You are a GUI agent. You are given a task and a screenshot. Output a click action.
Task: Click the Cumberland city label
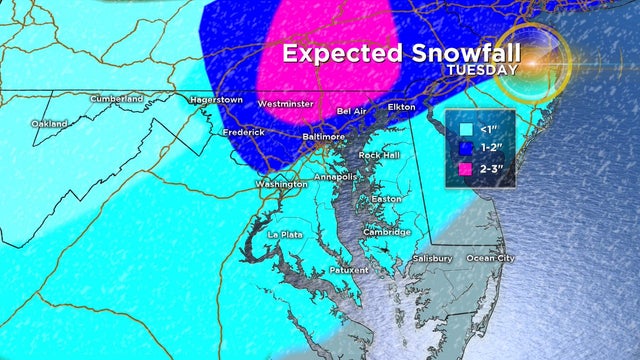point(117,98)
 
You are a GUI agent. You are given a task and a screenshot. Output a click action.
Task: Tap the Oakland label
point(49,124)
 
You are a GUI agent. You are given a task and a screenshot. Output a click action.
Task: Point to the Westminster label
point(286,104)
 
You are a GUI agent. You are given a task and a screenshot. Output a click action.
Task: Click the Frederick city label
point(244,132)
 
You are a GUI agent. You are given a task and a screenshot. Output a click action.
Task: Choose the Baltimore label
point(323,136)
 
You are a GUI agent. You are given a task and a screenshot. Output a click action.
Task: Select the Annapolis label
point(334,177)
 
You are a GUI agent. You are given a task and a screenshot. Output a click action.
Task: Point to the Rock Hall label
point(379,156)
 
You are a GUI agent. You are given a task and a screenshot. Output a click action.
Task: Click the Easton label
point(386,199)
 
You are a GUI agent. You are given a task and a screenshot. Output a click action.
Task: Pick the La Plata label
point(284,234)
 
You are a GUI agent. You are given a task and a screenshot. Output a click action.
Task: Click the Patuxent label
point(348,270)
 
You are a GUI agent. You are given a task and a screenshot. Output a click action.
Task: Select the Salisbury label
point(432,258)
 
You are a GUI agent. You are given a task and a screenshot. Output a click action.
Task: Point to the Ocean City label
point(491,258)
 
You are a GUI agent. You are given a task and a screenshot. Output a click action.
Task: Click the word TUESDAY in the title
point(481,70)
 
